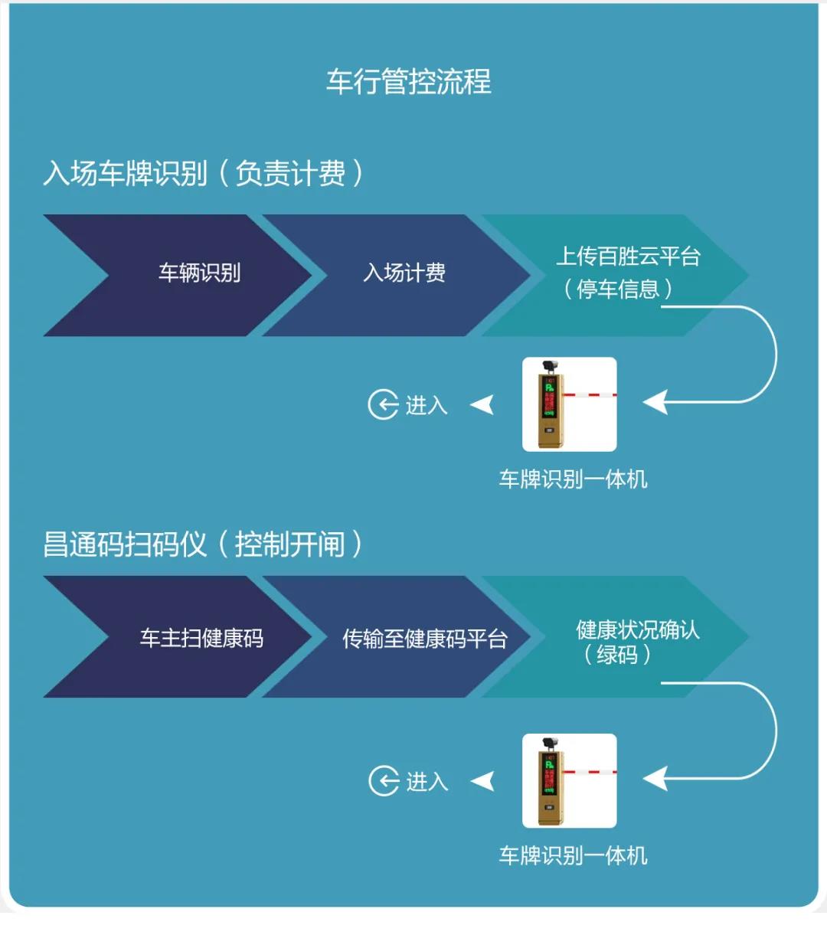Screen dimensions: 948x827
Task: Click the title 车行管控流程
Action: [408, 81]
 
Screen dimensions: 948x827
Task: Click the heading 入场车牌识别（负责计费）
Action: [203, 173]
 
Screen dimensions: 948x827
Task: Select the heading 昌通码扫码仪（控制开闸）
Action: [203, 544]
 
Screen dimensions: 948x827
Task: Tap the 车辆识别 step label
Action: [199, 273]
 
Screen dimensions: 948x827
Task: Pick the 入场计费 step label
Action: [404, 273]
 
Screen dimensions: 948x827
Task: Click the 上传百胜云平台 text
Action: [628, 256]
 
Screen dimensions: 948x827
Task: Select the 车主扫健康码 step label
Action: [201, 638]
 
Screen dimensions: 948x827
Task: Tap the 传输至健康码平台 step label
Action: [424, 639]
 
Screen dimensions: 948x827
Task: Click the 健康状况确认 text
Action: [637, 629]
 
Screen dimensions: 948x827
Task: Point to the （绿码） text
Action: [617, 655]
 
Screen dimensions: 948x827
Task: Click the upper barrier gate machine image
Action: [569, 404]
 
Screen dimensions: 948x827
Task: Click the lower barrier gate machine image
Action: [569, 780]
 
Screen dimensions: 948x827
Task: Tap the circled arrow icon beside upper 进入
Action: [383, 404]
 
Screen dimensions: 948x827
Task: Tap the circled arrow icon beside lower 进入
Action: [384, 781]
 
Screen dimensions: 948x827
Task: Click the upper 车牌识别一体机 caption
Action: [573, 479]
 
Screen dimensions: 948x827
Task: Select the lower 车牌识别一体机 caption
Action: [573, 855]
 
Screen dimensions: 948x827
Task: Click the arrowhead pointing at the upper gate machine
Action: [655, 401]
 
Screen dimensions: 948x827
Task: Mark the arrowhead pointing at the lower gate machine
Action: [655, 779]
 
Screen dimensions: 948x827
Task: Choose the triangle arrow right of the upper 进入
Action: [482, 404]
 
